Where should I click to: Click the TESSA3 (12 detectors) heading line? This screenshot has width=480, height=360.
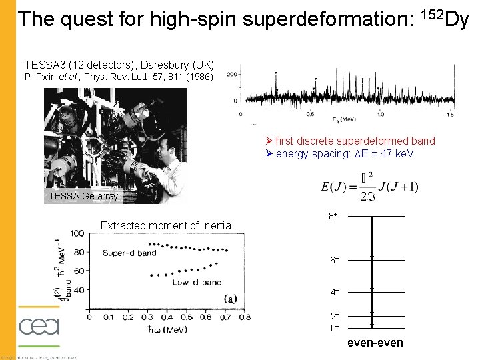click(x=119, y=65)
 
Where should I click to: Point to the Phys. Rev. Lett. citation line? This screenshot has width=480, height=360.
click(x=119, y=77)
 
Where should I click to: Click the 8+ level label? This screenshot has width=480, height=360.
click(x=333, y=216)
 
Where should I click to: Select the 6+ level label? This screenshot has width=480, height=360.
click(x=333, y=260)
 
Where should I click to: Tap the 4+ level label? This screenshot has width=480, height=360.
click(x=333, y=291)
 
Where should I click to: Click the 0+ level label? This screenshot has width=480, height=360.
click(x=333, y=327)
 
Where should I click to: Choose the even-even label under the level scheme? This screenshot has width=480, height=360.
click(x=375, y=343)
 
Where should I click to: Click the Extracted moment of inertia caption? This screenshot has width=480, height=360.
click(x=165, y=225)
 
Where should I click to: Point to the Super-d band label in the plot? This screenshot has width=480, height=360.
click(x=129, y=252)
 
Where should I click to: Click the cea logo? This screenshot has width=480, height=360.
click(x=39, y=327)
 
